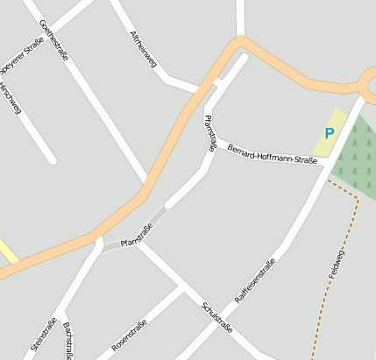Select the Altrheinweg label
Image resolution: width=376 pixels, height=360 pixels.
(x=143, y=49)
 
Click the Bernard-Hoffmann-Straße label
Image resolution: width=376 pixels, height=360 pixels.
(x=271, y=154)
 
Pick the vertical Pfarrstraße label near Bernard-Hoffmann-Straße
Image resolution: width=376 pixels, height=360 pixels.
(x=209, y=133)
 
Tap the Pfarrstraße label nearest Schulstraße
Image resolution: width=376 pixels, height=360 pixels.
(x=136, y=234)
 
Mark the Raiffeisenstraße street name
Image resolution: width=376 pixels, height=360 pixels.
(x=255, y=280)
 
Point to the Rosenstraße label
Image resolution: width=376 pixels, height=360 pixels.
(x=129, y=335)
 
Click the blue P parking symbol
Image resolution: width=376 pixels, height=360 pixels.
(x=329, y=134)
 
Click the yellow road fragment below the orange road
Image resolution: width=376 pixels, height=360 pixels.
(x=7, y=252)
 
